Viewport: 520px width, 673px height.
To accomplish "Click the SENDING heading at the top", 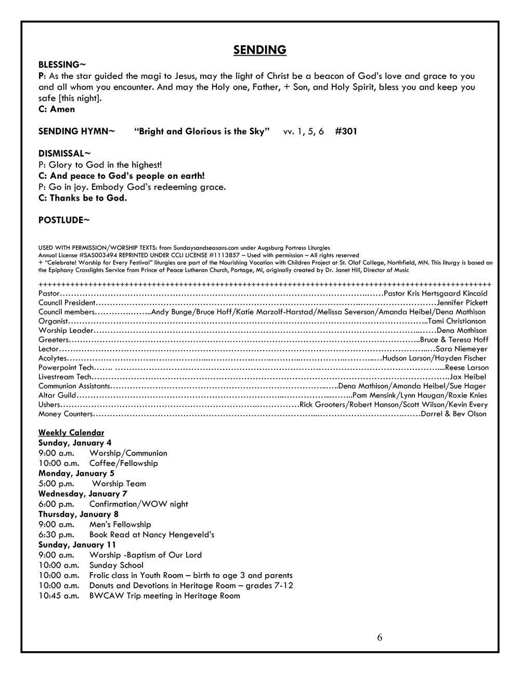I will pos(259,50).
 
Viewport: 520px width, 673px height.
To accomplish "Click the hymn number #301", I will pos(346,132).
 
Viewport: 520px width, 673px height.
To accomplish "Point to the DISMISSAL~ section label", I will pos(64,154).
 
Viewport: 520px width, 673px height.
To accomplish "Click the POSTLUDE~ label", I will pos(64,221).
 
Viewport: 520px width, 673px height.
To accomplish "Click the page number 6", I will pos(380,638).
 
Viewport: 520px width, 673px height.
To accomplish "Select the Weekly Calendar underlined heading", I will pos(71,433).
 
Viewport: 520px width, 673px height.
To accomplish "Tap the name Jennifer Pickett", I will pos(462,303).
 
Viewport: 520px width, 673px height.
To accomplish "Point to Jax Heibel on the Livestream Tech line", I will pos(468,377).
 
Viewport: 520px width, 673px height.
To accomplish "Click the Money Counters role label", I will pos(66,414).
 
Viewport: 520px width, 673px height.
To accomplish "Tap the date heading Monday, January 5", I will pos(76,473).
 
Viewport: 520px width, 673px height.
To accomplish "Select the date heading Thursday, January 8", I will pos(79,514).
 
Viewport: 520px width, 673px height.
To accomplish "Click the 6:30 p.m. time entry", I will pos(56,535).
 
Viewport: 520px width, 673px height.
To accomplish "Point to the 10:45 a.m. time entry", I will pos(59,596).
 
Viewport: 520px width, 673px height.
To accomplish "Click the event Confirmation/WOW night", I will pos(138,504).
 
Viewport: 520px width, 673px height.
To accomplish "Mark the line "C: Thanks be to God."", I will pos(83,198).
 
